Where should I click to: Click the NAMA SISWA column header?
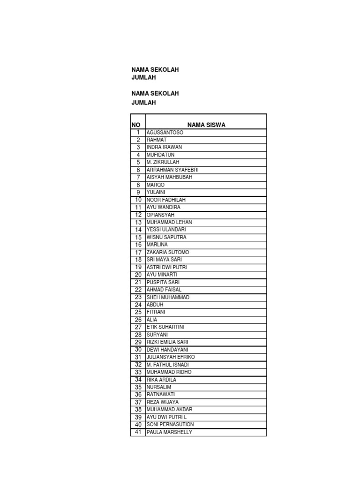point(206,125)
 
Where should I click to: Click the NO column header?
point(136,125)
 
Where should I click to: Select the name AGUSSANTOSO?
point(165,133)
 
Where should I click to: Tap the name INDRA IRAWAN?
point(164,147)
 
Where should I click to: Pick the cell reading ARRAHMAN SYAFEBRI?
point(172,170)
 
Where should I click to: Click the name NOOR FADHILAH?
point(166,200)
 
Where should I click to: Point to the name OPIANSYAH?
point(160,215)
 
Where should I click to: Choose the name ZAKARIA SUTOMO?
point(168,252)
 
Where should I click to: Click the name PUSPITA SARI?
point(163,282)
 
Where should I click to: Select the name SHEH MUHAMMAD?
point(168,297)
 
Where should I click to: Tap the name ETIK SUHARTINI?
point(165,327)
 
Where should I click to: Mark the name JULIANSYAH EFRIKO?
point(171,357)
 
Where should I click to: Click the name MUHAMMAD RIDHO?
point(169,372)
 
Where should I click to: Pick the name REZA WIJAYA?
point(162,402)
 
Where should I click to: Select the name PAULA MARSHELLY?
point(169,432)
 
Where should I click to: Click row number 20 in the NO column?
point(138,275)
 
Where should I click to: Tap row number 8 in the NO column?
point(138,185)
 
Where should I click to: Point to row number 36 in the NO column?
point(138,395)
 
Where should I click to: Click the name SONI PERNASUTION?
point(170,425)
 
